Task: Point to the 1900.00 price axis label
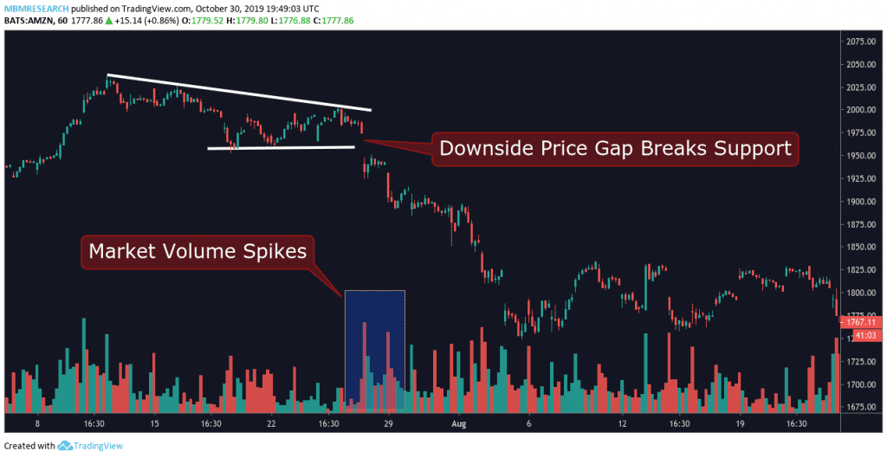tap(864, 202)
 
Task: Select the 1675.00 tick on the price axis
tap(864, 407)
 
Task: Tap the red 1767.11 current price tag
tap(864, 321)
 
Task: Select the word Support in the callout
tap(749, 148)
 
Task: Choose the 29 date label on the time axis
tap(389, 425)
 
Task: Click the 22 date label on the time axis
tap(271, 425)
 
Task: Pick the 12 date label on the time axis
tap(623, 425)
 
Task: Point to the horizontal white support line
tap(281, 148)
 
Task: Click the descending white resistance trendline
tap(238, 93)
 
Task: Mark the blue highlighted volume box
tap(374, 350)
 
